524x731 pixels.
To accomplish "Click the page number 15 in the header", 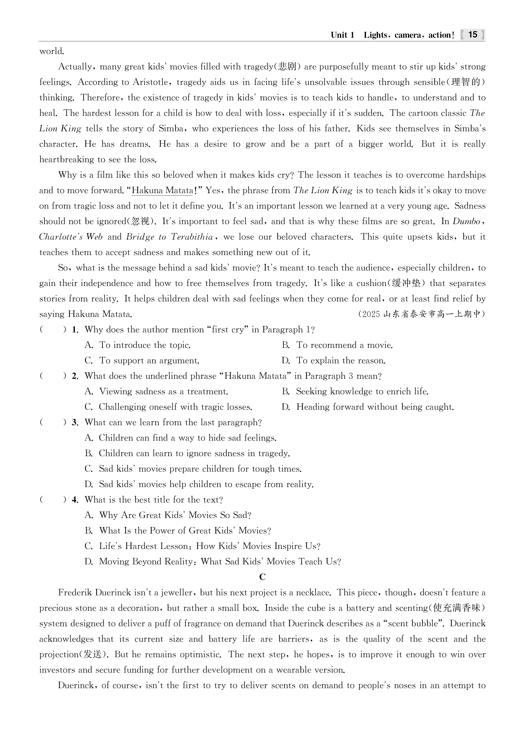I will [x=472, y=35].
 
